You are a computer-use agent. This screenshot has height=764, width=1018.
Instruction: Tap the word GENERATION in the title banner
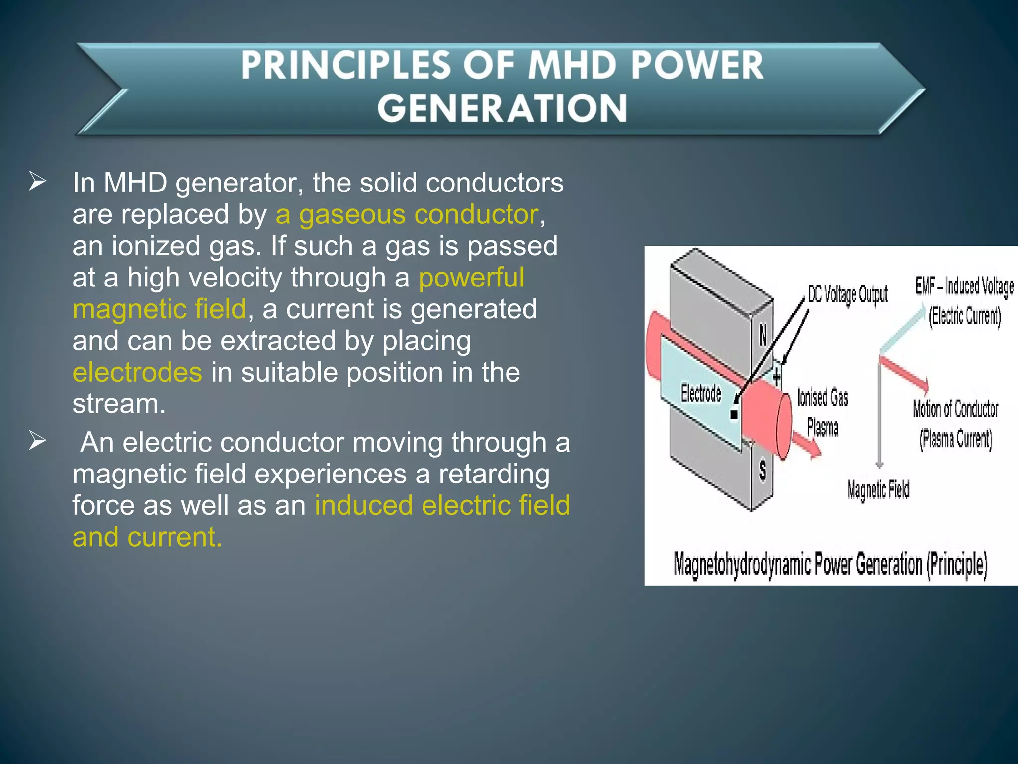coord(502,108)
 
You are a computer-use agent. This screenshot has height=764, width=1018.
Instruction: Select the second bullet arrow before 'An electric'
coord(37,441)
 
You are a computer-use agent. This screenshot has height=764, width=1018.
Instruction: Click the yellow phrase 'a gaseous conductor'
coord(407,215)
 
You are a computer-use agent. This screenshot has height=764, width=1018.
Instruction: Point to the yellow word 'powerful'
coord(471,278)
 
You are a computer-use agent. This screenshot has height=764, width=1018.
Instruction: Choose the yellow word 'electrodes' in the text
coord(137,372)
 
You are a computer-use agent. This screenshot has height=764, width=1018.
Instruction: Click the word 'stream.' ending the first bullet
coord(118,403)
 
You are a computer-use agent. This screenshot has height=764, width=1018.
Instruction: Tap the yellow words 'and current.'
coord(147,537)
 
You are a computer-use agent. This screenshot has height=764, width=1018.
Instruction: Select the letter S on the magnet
coord(763,470)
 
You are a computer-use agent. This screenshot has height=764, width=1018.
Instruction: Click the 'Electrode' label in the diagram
coord(700,393)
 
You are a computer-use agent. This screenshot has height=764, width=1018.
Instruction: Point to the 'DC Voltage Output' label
coord(847,295)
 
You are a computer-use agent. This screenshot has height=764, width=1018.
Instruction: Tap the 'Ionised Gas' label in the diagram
coord(822,398)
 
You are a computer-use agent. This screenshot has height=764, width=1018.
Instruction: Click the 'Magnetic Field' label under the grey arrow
coord(878,489)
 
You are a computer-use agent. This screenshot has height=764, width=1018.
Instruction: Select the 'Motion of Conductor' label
coord(955,409)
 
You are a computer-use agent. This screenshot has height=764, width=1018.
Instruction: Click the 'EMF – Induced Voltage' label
coord(964,286)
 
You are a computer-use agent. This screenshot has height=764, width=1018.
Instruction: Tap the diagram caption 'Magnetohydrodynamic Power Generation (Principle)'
coord(830,565)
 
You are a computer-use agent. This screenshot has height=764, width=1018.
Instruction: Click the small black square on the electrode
coord(734,414)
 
